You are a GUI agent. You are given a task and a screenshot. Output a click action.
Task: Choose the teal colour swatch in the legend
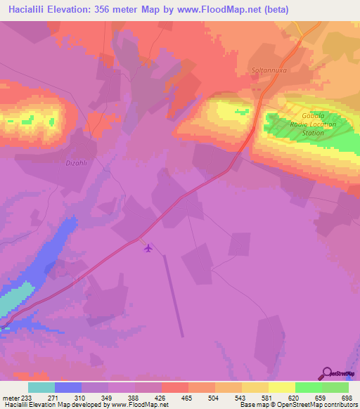click(41, 388)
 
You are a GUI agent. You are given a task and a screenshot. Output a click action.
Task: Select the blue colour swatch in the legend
click(67, 388)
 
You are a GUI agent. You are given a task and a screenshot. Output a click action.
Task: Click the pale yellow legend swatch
click(281, 388)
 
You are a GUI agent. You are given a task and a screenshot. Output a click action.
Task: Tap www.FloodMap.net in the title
click(214, 10)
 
